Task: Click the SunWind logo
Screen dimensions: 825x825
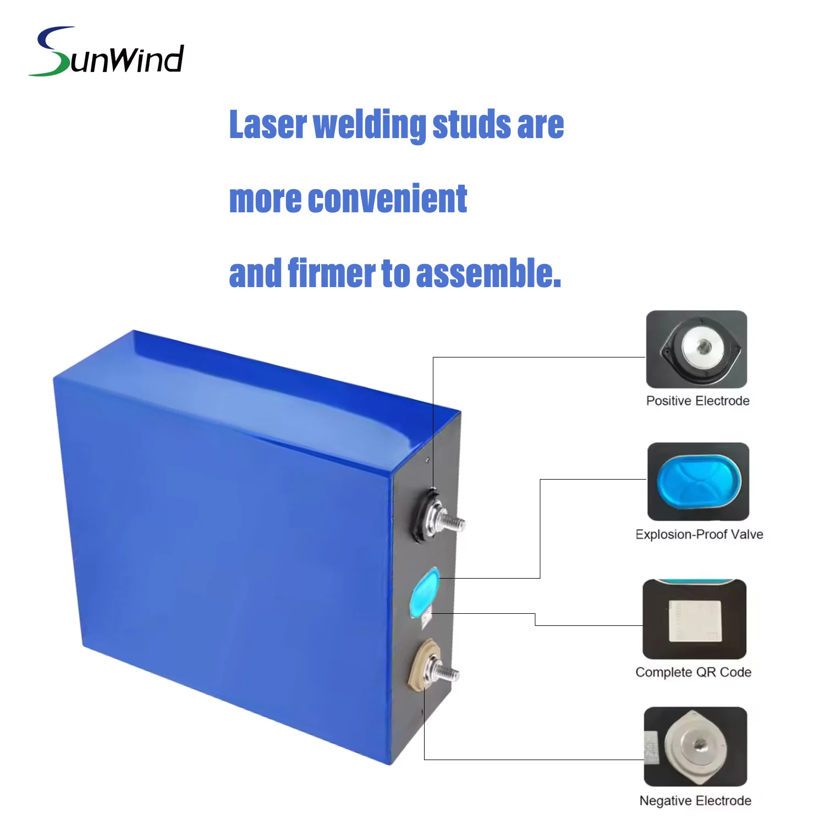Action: click(x=106, y=51)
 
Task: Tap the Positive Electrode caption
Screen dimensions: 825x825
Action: click(x=697, y=401)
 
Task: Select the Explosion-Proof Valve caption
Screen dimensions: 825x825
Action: click(x=699, y=535)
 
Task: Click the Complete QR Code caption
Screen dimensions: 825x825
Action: click(x=693, y=672)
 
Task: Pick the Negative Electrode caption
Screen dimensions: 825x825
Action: click(x=695, y=801)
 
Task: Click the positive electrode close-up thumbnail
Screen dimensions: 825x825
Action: click(x=696, y=349)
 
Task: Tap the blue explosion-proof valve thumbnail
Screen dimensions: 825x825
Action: click(x=698, y=482)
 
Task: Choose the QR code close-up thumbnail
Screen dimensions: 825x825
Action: click(x=694, y=619)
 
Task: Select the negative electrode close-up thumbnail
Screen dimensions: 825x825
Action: click(x=695, y=746)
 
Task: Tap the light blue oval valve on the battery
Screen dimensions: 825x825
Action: click(x=425, y=593)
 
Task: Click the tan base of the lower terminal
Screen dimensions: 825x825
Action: click(x=421, y=665)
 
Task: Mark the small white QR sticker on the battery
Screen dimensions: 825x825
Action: click(x=426, y=620)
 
